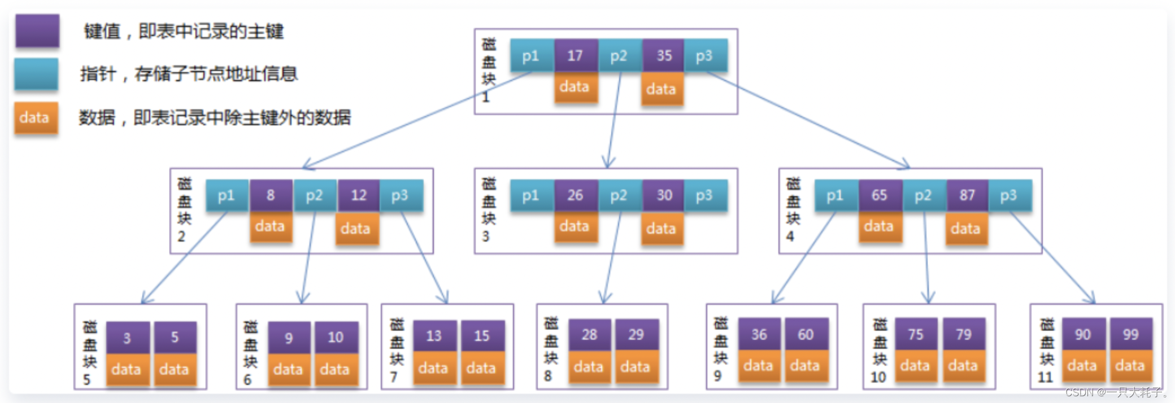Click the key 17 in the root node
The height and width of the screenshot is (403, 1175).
click(x=576, y=55)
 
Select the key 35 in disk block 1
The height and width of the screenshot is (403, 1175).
click(x=664, y=55)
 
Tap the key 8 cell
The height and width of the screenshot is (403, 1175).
click(x=271, y=195)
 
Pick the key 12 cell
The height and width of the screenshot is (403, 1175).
click(x=359, y=195)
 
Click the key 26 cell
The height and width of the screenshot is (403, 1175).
click(x=576, y=195)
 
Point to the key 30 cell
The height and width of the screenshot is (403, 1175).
click(x=664, y=195)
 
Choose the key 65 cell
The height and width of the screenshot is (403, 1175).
click(x=880, y=195)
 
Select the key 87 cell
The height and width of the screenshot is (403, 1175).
click(x=967, y=195)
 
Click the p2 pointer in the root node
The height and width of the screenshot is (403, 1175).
click(x=619, y=55)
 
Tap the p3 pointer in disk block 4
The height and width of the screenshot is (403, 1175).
click(x=1009, y=195)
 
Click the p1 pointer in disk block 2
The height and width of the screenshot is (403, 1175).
click(x=227, y=195)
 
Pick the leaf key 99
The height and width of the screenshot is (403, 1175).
click(x=1130, y=335)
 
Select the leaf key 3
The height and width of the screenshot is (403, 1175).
click(x=127, y=338)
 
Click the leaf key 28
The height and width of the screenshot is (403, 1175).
click(x=589, y=335)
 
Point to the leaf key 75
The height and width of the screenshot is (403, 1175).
click(x=916, y=335)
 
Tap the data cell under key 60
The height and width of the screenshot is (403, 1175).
click(x=805, y=366)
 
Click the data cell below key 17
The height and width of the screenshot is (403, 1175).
click(x=575, y=86)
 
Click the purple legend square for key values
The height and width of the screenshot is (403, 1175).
click(x=37, y=30)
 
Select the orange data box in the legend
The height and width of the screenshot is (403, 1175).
click(x=36, y=117)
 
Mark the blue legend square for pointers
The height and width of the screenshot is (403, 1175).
click(x=36, y=74)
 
